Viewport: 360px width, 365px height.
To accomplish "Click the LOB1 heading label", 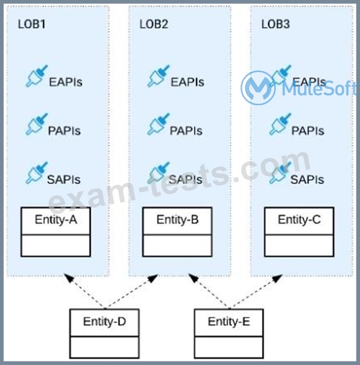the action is pos(32,24).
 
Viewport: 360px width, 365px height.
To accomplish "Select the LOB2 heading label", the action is pos(154,24).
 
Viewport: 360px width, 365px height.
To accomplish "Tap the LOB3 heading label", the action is pos(275,24).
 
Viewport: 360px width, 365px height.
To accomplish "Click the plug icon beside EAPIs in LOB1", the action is pos(37,76).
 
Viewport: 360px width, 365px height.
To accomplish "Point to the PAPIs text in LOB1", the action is pos(64,130).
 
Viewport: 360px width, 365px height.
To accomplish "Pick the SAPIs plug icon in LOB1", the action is pos(37,173).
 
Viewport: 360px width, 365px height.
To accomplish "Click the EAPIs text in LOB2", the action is pos(188,82).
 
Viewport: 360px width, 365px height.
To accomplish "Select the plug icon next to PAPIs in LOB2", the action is pos(159,124).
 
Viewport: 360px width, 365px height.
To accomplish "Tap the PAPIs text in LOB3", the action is pos(308,130).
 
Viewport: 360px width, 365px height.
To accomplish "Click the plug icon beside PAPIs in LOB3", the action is pos(281,124).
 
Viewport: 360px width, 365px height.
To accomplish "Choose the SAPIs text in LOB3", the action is pos(307,179).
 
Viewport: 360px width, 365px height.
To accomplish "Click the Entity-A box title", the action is pos(56,219).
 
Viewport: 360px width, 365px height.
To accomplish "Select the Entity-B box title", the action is pos(177,219).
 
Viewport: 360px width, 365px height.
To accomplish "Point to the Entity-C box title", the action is pos(299,219).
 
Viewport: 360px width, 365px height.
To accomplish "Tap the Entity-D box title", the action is pos(105,322).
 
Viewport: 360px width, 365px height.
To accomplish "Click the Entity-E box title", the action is pos(229,322).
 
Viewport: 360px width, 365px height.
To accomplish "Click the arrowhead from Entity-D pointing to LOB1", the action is pos(69,278).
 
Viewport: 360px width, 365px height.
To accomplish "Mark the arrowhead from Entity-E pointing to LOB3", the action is pos(278,278).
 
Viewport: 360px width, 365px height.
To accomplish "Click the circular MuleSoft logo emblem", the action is pos(258,88).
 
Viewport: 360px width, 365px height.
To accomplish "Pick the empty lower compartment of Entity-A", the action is pos(56,245).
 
